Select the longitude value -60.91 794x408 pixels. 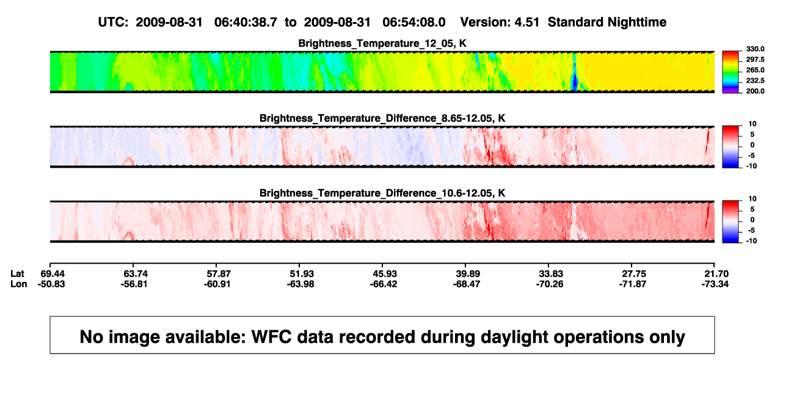tap(217, 284)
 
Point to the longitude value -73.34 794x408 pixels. tap(715, 284)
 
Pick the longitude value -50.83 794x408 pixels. tap(51, 284)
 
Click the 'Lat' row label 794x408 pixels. tap(17, 274)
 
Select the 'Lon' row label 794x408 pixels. tap(19, 284)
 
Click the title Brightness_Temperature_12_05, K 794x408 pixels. tap(382, 43)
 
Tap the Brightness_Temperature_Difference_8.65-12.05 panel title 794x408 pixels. tap(382, 118)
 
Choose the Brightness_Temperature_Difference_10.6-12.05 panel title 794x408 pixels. tap(382, 193)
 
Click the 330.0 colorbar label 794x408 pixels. tap(755, 49)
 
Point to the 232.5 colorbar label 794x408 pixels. tap(755, 81)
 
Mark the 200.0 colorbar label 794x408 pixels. tap(755, 91)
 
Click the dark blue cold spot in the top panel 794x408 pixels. tap(574, 83)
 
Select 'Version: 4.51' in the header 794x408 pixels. tap(500, 23)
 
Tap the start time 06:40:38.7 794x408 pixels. tap(246, 23)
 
